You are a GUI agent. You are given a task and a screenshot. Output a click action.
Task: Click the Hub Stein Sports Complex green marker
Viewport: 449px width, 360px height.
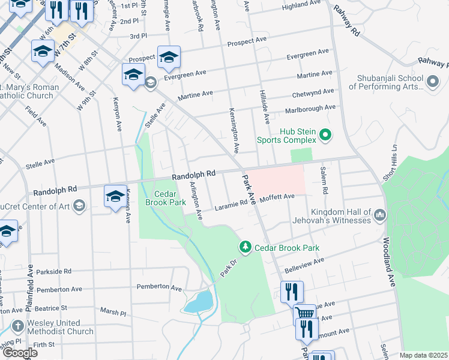[325, 134]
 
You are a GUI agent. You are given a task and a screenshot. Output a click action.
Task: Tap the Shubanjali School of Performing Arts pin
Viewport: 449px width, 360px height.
[433, 80]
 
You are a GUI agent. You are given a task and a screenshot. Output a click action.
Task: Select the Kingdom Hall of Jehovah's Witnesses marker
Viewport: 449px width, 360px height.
[379, 214]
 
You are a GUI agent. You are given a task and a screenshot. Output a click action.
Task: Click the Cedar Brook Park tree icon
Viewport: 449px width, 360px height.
[245, 247]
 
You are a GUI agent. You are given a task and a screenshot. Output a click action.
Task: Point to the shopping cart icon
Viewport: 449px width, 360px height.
[305, 313]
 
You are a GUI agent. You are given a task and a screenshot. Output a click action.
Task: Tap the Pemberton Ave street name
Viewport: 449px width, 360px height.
[159, 288]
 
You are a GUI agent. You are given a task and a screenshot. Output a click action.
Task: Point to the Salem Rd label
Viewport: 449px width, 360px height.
[325, 181]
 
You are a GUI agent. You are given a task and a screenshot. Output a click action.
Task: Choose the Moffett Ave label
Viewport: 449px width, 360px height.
[277, 196]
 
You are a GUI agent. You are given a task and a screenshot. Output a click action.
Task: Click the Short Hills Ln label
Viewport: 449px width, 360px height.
[390, 163]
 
